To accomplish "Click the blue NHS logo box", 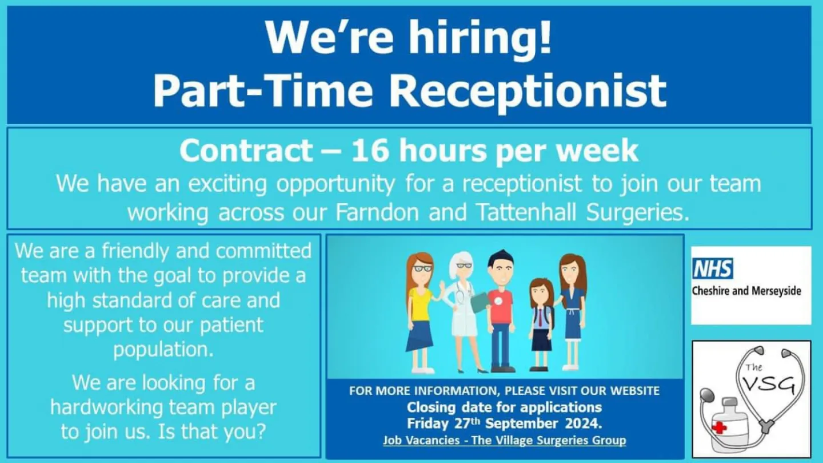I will click(712, 268).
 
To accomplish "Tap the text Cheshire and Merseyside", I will click(746, 291).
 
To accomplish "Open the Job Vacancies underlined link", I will click(504, 441).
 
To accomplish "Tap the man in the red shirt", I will click(501, 312).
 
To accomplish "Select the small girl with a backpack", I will click(541, 323).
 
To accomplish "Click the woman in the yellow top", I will click(420, 312).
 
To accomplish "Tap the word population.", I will click(163, 349).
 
